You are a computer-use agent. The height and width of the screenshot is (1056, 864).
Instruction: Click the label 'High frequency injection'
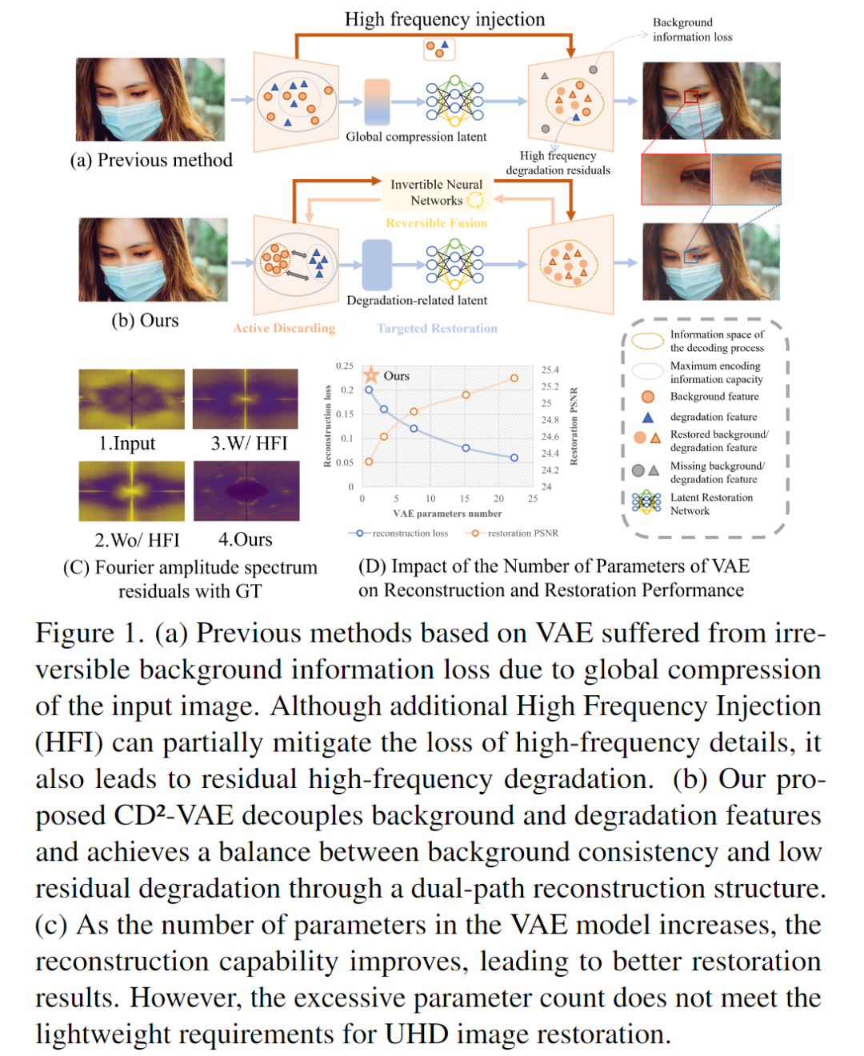[x=445, y=19]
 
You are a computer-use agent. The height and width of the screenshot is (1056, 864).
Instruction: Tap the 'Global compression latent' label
[x=416, y=137]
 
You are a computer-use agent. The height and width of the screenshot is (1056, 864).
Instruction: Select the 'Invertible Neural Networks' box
[x=436, y=192]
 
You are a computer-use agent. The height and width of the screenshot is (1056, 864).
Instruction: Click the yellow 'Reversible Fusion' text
[x=436, y=223]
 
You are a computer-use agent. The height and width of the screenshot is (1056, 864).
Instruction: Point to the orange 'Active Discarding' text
[x=284, y=328]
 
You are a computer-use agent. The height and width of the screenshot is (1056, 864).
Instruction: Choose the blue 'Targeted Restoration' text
[x=437, y=328]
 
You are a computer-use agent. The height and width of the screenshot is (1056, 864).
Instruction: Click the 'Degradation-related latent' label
[x=417, y=300]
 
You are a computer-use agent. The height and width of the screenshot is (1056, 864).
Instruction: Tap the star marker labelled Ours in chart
[x=371, y=374]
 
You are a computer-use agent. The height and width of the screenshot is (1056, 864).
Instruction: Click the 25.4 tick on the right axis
[x=550, y=370]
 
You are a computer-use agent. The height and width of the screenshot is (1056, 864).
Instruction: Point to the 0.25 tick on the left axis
[x=344, y=366]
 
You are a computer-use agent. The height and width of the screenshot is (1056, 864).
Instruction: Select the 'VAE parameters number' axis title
[x=447, y=514]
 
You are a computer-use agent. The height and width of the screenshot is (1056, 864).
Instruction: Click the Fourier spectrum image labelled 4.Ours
[x=246, y=491]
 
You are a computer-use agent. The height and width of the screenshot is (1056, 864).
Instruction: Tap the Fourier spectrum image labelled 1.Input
[x=131, y=399]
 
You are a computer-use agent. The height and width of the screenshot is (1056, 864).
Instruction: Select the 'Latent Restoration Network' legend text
[x=711, y=504]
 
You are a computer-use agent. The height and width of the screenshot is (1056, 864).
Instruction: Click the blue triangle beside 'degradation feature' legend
[x=648, y=417]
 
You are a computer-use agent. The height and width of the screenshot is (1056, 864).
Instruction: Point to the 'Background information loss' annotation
[x=692, y=30]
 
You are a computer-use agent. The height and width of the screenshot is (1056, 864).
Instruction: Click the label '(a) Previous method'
[x=151, y=160]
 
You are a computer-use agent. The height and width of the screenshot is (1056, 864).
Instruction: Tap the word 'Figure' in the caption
[x=75, y=633]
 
